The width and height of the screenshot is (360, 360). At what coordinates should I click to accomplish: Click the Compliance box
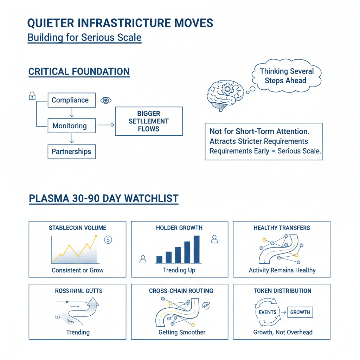click(x=71, y=100)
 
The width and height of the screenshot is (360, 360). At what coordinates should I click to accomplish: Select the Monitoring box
click(x=71, y=126)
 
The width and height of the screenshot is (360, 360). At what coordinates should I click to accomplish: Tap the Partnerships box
click(x=71, y=152)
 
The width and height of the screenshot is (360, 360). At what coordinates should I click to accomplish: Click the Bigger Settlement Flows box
click(x=149, y=121)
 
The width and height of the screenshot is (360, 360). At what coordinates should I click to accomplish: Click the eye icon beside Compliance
click(x=105, y=100)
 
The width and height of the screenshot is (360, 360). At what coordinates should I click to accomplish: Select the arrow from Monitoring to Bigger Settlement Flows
click(x=105, y=125)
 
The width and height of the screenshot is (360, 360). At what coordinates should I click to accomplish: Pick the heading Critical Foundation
click(x=79, y=72)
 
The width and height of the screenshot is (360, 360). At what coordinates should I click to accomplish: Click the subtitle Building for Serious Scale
click(x=84, y=38)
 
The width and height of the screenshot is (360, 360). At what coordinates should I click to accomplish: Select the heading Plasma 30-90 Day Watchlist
click(x=103, y=199)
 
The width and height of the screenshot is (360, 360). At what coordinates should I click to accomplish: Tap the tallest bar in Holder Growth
click(x=197, y=249)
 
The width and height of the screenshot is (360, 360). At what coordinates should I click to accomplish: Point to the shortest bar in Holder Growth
click(x=159, y=259)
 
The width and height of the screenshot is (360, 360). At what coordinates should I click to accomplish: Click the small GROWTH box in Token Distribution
click(x=300, y=312)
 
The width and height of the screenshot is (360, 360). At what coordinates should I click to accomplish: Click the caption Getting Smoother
click(x=182, y=332)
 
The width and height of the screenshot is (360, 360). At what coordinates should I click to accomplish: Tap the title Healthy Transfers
click(x=282, y=228)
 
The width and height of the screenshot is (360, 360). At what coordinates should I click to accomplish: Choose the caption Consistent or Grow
click(x=77, y=270)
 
